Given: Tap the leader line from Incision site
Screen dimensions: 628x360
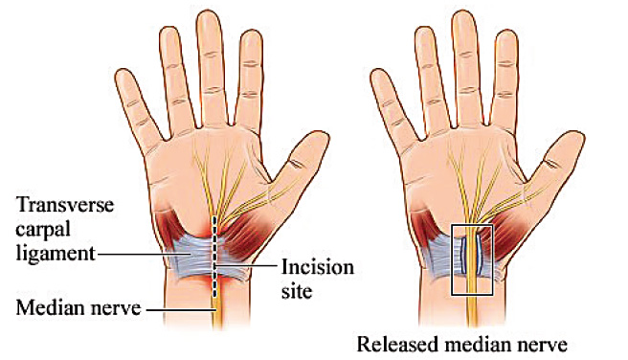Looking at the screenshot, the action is point(249,264).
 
